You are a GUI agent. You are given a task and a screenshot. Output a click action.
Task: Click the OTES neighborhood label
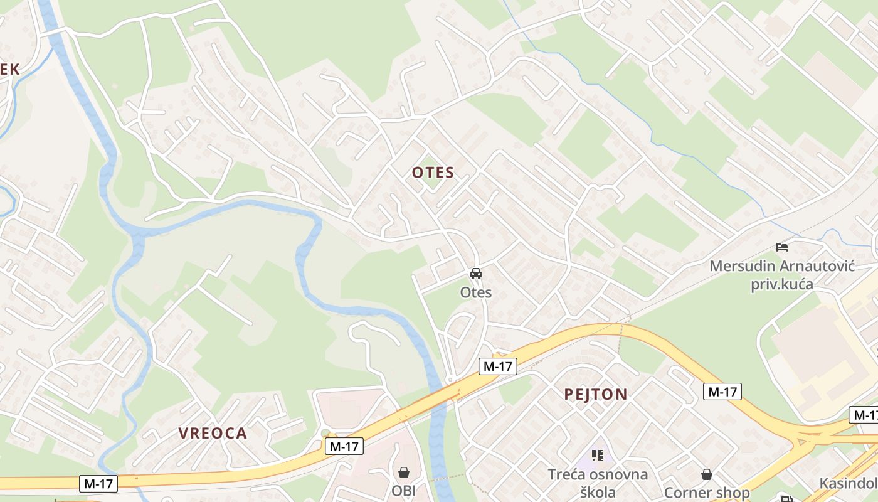[x=433, y=173]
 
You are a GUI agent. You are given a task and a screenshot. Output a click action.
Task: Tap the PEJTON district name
[x=595, y=394]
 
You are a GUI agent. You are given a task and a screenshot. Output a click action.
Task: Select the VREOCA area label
[x=213, y=433]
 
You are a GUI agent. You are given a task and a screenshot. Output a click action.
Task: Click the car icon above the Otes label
[x=476, y=274]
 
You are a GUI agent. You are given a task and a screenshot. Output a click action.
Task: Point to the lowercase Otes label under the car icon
[x=476, y=292]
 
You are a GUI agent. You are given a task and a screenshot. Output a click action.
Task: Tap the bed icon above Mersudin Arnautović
[x=781, y=247]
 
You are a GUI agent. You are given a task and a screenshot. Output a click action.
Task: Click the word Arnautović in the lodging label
[x=819, y=266]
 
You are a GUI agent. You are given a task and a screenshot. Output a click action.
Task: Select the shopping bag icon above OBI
[x=404, y=472]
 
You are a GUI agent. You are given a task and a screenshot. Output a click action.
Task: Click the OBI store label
[x=404, y=491]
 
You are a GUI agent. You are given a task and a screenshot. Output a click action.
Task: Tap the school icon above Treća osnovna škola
[x=597, y=455]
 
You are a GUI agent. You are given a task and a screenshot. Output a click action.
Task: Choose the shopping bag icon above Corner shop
[x=707, y=474]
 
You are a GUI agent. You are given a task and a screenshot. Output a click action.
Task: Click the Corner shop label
[x=707, y=493]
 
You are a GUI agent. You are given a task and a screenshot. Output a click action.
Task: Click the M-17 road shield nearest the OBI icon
[x=344, y=447]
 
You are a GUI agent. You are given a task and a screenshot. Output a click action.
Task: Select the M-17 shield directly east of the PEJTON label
[x=722, y=392]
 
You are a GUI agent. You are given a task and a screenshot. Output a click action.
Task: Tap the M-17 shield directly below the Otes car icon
[x=497, y=366]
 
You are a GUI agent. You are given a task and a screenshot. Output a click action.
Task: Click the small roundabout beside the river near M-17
[x=450, y=380]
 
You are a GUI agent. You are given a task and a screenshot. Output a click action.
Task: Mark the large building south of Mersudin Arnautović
[x=809, y=351]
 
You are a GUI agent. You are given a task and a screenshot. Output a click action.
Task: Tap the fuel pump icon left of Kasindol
[x=786, y=499]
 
